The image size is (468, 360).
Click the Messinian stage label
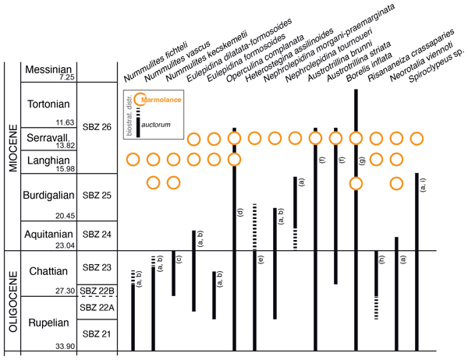click(50, 70)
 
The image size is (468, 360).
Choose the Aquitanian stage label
click(50, 233)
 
